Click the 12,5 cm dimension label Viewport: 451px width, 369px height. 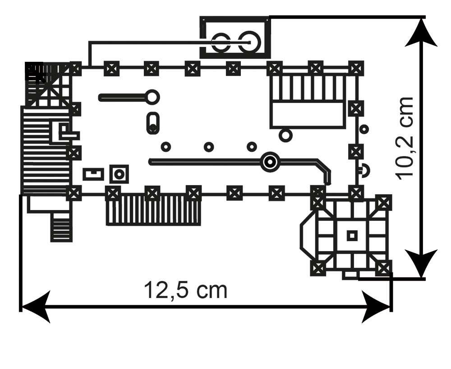click(185, 290)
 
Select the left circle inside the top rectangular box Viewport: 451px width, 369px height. click(221, 42)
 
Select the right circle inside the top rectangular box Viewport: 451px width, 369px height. click(249, 42)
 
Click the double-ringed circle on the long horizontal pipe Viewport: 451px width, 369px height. click(270, 162)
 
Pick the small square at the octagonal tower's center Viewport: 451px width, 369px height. click(352, 235)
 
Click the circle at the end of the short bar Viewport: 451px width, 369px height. click(152, 97)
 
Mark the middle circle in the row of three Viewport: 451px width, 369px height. click(209, 147)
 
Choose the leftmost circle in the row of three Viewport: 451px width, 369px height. click(166, 147)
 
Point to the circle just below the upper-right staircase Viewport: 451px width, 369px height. click(285, 135)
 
